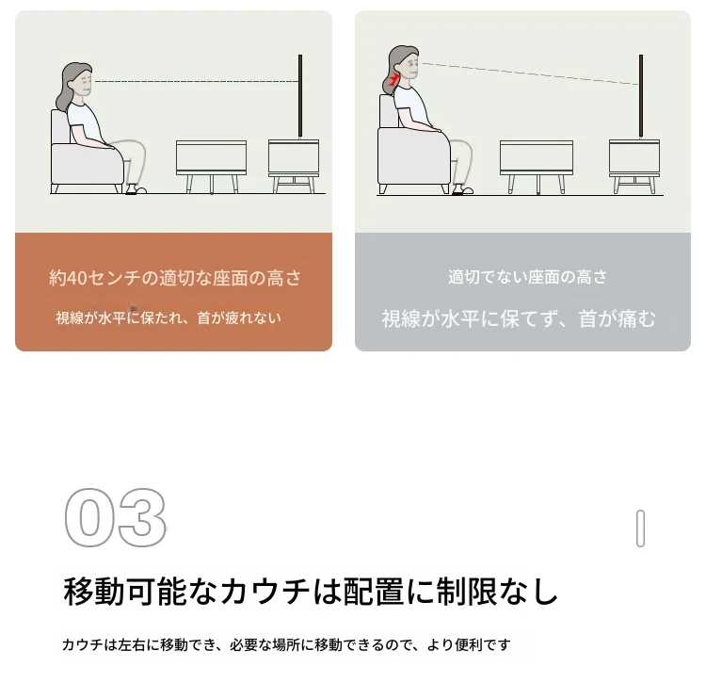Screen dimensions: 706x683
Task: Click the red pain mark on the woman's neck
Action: [x=393, y=80]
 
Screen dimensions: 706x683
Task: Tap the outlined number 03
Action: [x=115, y=517]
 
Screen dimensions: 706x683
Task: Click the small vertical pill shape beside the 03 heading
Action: [x=640, y=529]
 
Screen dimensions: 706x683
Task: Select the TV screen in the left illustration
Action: [x=300, y=95]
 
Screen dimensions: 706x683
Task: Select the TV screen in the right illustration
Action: [x=641, y=95]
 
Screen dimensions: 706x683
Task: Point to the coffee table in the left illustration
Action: [x=211, y=167]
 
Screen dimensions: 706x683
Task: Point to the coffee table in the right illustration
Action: [x=537, y=167]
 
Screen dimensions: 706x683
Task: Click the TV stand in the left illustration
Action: [x=294, y=166]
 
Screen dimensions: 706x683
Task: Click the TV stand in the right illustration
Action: [x=634, y=167]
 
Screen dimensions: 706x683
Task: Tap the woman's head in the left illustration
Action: [x=77, y=83]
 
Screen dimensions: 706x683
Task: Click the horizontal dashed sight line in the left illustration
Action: [x=197, y=82]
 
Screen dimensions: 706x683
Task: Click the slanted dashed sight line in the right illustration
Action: [x=530, y=73]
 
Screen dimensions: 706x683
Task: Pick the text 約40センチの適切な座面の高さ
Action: [x=175, y=278]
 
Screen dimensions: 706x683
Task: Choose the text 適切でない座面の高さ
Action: [x=527, y=277]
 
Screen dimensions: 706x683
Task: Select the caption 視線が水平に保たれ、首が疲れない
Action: [x=168, y=317]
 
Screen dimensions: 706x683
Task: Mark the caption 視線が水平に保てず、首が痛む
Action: [x=519, y=318]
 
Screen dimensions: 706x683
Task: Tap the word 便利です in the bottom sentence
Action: [x=482, y=644]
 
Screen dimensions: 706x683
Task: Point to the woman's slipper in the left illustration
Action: [x=136, y=189]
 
